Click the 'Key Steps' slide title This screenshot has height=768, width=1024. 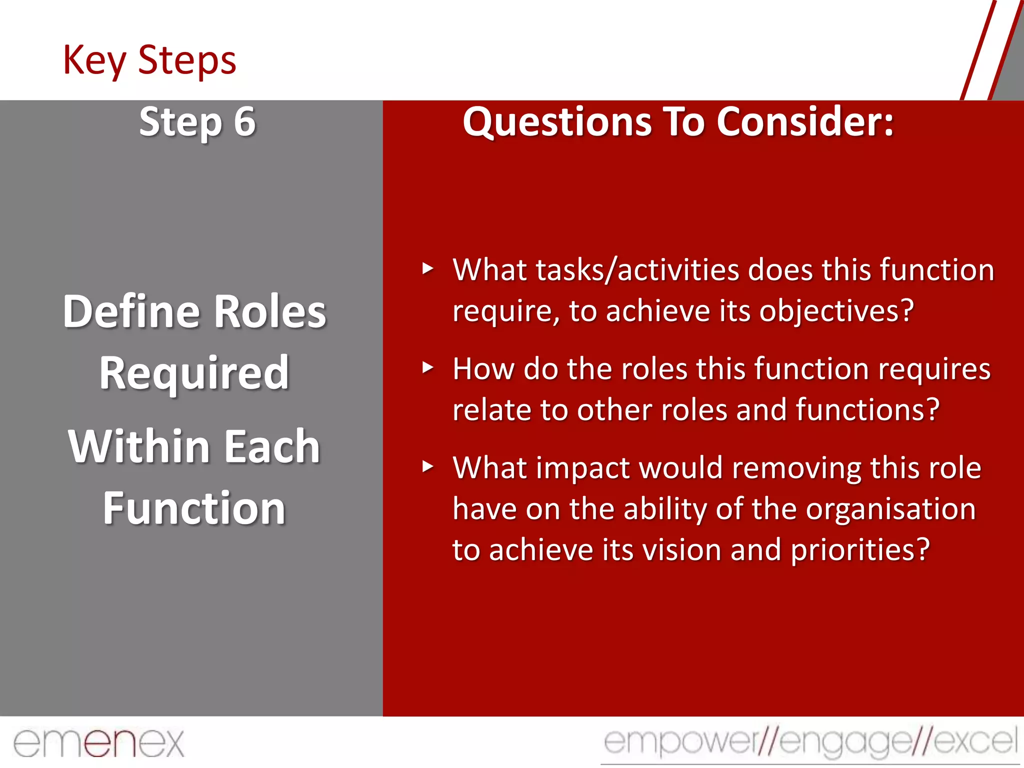tap(149, 60)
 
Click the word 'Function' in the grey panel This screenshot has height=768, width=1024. tap(194, 508)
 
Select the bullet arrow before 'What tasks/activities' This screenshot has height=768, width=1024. tap(427, 269)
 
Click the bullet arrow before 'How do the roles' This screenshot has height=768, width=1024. tap(427, 368)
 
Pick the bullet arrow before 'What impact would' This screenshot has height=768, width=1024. tap(427, 467)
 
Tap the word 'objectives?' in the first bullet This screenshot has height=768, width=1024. tap(836, 311)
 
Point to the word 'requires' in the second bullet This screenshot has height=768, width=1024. tap(934, 369)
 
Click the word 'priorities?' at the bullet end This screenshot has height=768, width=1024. tap(860, 550)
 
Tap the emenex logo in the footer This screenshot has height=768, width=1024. tap(98, 743)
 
